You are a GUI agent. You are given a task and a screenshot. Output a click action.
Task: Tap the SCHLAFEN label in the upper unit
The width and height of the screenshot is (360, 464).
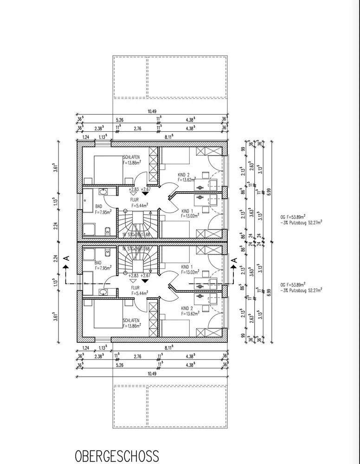(132, 157)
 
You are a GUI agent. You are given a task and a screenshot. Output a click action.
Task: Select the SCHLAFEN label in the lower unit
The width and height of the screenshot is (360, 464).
(132, 321)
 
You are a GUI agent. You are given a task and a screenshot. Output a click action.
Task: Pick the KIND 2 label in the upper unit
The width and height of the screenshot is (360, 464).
(184, 175)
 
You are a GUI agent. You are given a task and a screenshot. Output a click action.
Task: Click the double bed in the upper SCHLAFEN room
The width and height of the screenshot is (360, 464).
(109, 170)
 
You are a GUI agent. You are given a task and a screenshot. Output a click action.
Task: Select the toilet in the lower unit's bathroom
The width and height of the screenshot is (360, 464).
(107, 253)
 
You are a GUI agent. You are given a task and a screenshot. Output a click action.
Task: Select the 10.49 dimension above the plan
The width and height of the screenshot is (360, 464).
(152, 111)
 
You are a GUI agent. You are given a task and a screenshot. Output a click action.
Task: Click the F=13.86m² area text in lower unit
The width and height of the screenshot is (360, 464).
(132, 327)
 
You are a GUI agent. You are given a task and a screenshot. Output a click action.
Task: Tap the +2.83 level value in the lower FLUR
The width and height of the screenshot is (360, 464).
(134, 276)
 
